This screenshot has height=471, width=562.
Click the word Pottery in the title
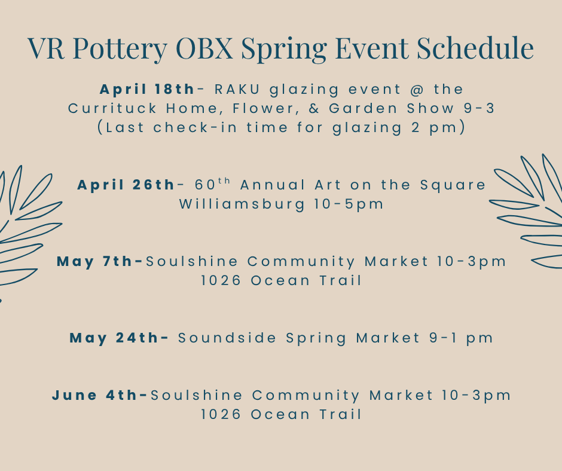click(120, 48)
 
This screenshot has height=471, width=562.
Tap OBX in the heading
click(204, 48)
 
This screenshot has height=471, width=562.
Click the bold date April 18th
click(147, 89)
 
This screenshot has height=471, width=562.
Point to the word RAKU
click(237, 89)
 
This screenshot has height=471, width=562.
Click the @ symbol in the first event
click(417, 89)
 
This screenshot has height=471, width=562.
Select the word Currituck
click(112, 108)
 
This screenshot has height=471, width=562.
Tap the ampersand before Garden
click(314, 108)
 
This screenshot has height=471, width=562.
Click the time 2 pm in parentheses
click(434, 128)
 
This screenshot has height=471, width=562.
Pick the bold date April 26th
click(126, 185)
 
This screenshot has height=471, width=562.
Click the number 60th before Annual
click(212, 184)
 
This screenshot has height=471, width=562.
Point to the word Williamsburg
click(242, 204)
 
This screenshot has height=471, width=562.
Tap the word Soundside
click(227, 338)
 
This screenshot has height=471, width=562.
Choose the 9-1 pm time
click(462, 338)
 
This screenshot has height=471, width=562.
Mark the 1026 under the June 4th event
click(221, 415)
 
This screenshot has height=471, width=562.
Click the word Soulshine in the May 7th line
click(192, 262)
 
